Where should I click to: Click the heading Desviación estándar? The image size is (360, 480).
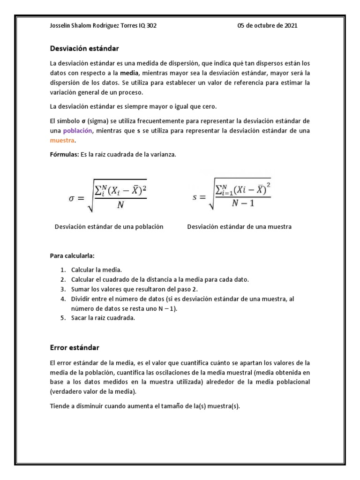point(84,48)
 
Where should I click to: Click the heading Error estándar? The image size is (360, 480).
point(75,348)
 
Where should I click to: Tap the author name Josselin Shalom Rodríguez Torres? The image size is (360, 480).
point(93,26)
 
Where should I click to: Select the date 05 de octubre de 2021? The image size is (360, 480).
point(267,26)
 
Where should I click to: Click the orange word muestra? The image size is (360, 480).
point(62,140)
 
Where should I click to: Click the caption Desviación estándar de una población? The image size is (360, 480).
point(109,226)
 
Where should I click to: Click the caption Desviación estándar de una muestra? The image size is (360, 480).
point(239,226)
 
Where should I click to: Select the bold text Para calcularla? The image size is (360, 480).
point(72,255)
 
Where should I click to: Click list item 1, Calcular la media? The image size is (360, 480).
point(96,270)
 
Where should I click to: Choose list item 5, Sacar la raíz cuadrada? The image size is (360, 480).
point(103,318)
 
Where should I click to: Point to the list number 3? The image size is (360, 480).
point(62,289)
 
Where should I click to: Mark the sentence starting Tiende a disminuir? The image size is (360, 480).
point(144,406)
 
